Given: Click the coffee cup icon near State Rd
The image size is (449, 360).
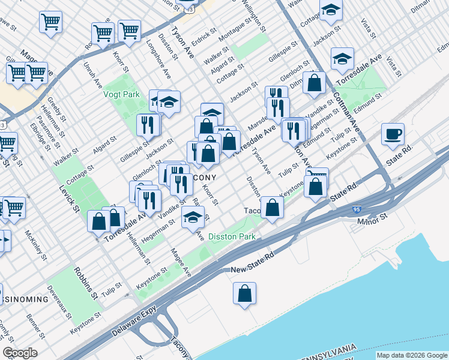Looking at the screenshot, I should click(393, 134).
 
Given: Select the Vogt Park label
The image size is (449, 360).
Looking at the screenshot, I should click(121, 94).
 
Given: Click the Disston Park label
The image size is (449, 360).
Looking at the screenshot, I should click(232, 236).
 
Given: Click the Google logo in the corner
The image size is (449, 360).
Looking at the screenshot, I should click(20, 353).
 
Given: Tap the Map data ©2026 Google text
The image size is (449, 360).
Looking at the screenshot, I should click(412, 356).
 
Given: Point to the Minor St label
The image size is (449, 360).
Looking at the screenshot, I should click(373, 221).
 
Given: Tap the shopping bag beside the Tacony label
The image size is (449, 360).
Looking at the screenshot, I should click(272, 208).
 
